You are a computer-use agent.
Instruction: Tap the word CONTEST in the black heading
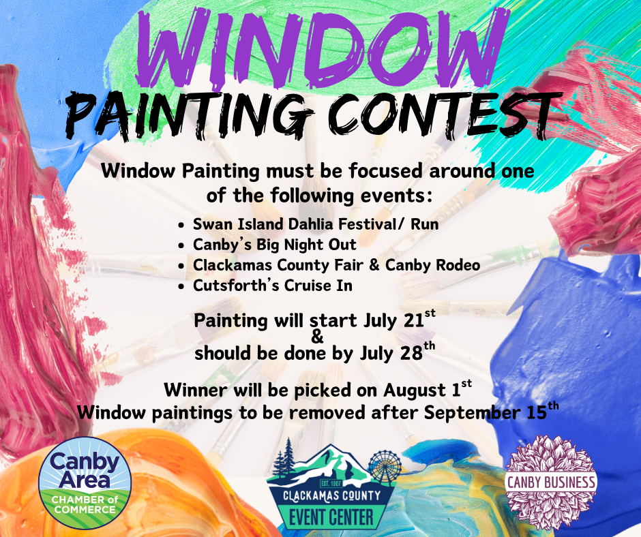pos(445,116)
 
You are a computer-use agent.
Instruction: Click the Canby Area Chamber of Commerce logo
pos(85,483)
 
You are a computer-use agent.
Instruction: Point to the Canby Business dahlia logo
pos(551,482)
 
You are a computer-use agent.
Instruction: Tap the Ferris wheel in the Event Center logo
pos(385,467)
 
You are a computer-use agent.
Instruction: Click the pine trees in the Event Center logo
pos(284,458)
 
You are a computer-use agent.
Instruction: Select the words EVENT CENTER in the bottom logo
pos(331,517)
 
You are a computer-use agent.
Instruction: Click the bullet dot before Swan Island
pos(181,225)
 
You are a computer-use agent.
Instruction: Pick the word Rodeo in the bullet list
pos(458,265)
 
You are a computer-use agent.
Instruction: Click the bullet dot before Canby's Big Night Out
pos(181,245)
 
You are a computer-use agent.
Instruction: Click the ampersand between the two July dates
pos(317,337)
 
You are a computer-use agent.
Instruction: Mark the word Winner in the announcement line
pos(196,390)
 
